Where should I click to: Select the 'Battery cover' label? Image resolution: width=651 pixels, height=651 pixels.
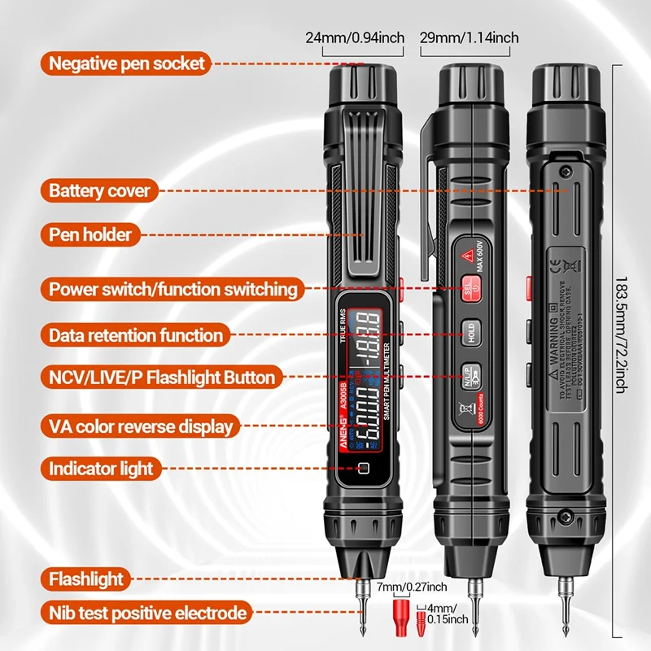(99, 191)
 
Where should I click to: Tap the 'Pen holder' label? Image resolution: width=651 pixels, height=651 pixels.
(90, 234)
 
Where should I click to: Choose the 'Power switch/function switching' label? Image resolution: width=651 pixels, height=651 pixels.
(173, 289)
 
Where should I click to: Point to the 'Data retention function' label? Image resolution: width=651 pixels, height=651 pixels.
(135, 334)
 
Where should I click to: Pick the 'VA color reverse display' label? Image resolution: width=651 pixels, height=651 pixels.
(141, 426)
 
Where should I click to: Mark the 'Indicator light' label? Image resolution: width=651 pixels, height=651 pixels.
(101, 468)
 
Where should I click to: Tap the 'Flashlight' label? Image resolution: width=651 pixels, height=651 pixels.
(86, 579)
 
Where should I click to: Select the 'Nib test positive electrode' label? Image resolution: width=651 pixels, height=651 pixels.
(146, 613)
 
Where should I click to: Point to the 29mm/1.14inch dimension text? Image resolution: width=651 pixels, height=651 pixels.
(470, 37)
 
